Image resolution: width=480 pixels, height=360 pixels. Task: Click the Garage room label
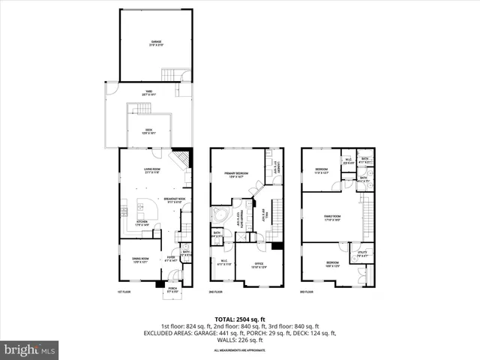click(x=156, y=43)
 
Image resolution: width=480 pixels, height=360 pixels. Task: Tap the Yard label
click(x=148, y=94)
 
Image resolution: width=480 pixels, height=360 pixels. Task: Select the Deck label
click(x=150, y=131)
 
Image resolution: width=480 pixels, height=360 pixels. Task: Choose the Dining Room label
click(x=131, y=260)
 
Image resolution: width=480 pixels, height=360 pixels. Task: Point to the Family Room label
click(x=333, y=219)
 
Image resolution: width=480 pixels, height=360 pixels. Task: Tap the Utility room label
click(x=361, y=253)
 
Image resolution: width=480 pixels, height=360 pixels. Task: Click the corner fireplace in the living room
click(x=181, y=160)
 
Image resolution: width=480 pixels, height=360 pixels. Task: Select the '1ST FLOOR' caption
click(x=125, y=292)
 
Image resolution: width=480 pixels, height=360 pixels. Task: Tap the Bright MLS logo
click(x=30, y=349)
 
